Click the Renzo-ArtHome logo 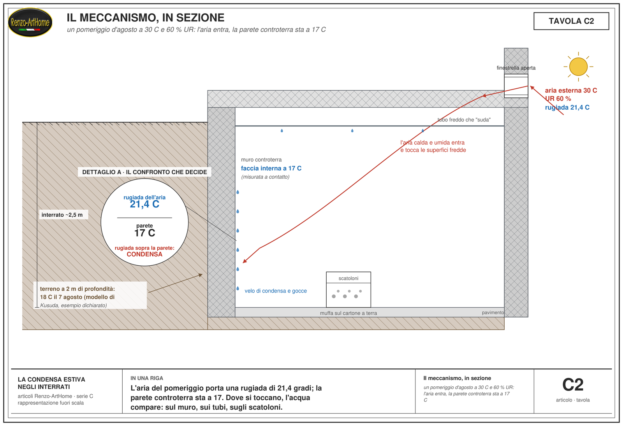30,23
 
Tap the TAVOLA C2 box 571,21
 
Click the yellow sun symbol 578,67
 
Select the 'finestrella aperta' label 516,68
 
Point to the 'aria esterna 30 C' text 571,90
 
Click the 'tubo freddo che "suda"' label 464,120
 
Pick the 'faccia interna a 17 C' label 271,168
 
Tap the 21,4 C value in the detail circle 144,204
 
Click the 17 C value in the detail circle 144,233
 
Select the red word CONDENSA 144,254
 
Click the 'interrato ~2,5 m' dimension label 62,215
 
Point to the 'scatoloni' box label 348,278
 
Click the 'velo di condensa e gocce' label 276,291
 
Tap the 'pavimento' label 493,313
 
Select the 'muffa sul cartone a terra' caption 348,313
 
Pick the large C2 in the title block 573,385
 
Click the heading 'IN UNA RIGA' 146,378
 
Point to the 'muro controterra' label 261,160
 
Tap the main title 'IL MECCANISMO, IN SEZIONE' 146,18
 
